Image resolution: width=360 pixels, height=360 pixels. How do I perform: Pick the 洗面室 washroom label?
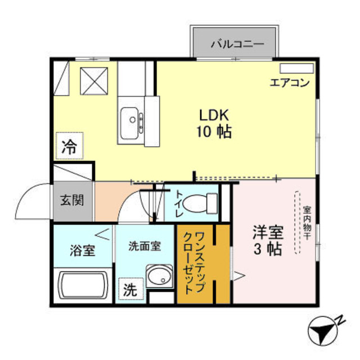(x=145, y=246)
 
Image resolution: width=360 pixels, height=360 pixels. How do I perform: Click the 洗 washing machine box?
(x=130, y=290)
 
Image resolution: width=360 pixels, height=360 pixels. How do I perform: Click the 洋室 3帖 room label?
(x=267, y=240)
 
